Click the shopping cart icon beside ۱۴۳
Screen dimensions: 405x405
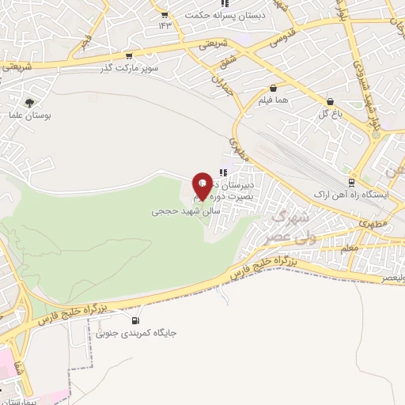coord(164,15)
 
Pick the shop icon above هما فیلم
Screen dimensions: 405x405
coord(273,89)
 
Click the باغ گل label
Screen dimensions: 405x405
coord(329,113)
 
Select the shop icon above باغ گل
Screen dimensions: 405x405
coord(330,101)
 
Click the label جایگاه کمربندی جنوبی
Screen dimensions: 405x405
coord(136,333)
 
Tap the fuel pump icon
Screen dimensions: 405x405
coord(135,320)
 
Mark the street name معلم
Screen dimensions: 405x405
coord(351,248)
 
